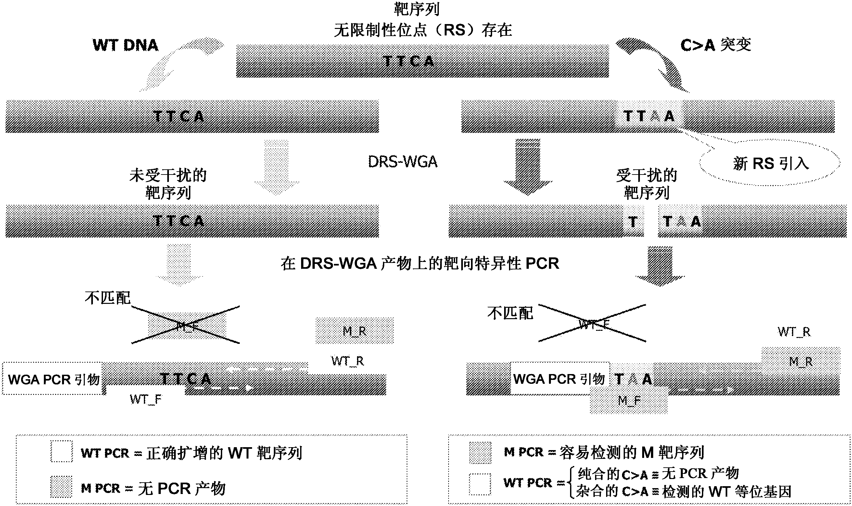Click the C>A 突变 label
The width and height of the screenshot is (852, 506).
716,45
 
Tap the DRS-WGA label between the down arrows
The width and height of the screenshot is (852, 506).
402,162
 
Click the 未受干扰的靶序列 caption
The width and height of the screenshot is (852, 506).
168,184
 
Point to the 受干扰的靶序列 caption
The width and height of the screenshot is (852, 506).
646,184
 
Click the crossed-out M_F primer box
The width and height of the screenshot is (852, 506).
187,326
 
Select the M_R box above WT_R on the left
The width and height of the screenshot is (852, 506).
354,331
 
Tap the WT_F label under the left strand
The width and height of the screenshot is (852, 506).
146,399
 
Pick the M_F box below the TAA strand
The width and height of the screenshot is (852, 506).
629,400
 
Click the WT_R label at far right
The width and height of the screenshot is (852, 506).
794,332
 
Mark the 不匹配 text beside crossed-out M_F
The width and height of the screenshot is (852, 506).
107,298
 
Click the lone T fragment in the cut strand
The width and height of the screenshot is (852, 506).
633,222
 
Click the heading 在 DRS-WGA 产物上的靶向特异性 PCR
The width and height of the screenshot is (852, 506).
420,264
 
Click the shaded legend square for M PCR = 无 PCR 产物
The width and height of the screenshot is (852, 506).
61,487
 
